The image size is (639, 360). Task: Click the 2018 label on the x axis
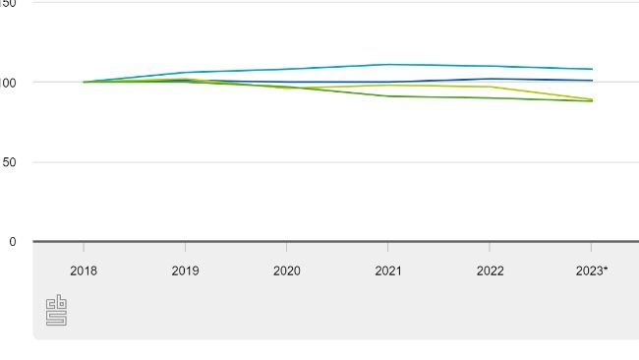[84, 270]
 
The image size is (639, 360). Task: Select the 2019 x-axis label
[185, 270]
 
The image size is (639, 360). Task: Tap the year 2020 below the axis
[287, 270]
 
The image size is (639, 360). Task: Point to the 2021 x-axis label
[388, 270]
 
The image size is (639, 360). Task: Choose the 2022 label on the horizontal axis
[490, 270]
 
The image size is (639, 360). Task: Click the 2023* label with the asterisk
[592, 270]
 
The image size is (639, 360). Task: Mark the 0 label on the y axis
[12, 242]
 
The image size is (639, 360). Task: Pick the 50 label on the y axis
[8, 162]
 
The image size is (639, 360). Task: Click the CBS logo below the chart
[56, 310]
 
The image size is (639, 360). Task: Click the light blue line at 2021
[388, 64]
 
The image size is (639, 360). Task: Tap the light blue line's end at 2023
[592, 69]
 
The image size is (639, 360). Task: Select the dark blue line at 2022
[490, 79]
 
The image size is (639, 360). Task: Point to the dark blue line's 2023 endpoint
[592, 81]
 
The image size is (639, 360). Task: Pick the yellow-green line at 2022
[490, 87]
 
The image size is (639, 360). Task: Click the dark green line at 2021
[388, 95]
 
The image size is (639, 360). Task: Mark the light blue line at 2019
[185, 72]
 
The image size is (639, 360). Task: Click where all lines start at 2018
[84, 82]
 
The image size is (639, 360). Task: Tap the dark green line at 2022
[490, 97]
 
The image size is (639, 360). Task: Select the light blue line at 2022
[490, 66]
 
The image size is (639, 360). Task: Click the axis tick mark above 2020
[287, 246]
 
